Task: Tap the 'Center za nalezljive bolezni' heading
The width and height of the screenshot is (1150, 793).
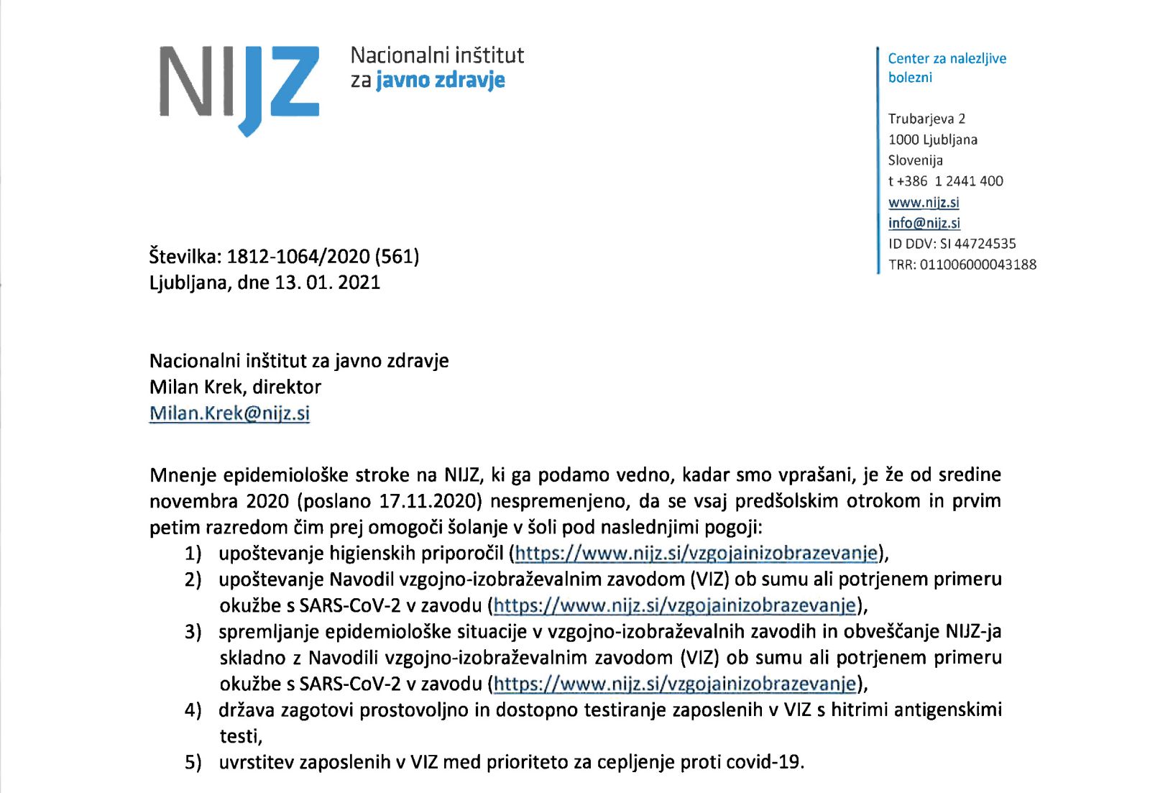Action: pyautogui.click(x=947, y=68)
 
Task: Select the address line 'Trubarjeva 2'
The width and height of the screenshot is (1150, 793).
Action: pyautogui.click(x=926, y=119)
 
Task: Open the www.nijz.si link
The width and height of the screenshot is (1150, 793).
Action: pyautogui.click(x=924, y=202)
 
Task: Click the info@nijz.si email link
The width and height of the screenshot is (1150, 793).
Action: pyautogui.click(x=924, y=223)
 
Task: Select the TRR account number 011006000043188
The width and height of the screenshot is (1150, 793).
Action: pyautogui.click(x=977, y=265)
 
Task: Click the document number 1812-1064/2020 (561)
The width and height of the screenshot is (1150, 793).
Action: pyautogui.click(x=323, y=256)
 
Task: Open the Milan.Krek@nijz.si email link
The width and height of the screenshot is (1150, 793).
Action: pyautogui.click(x=229, y=413)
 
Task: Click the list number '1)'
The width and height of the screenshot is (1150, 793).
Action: pyautogui.click(x=193, y=554)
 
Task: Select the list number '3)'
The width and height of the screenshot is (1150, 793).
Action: pyautogui.click(x=193, y=632)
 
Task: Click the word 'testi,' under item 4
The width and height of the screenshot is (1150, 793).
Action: pyautogui.click(x=241, y=736)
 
